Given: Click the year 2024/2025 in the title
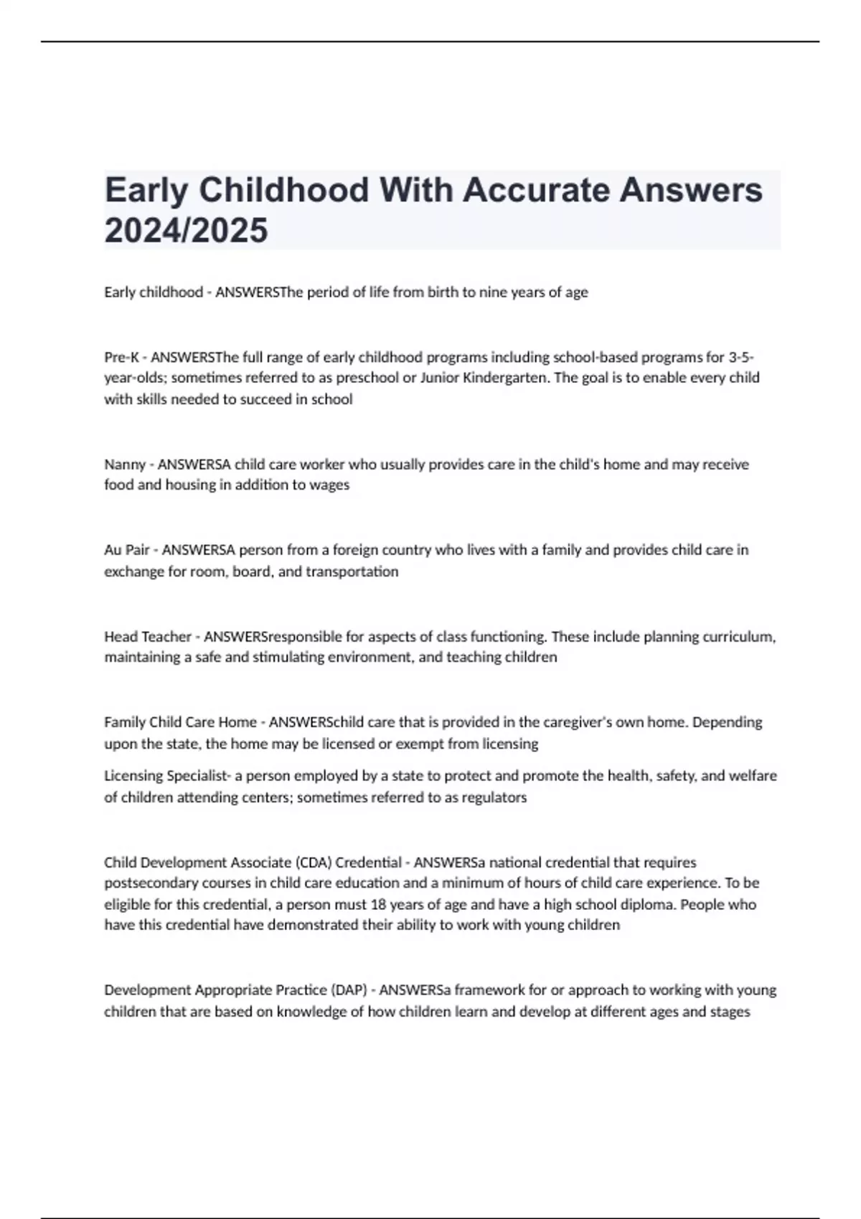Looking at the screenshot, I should [186, 230].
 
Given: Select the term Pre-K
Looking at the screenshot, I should [121, 357].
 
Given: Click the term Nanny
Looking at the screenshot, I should [125, 465].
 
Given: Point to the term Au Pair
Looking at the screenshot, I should [127, 550].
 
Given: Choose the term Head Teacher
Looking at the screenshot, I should [147, 637].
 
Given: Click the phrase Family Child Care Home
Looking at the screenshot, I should [180, 722].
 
